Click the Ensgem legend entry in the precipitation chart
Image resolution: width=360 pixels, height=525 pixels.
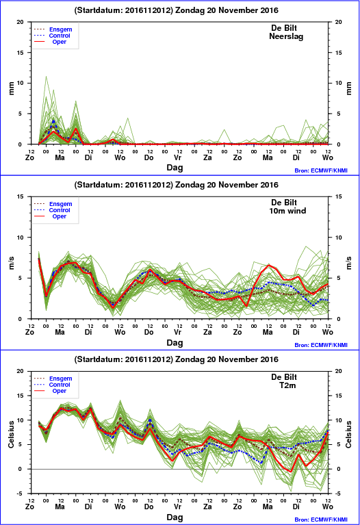(x=61, y=29)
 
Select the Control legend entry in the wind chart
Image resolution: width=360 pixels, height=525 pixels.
(x=60, y=210)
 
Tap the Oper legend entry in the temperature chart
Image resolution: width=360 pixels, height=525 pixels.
(x=60, y=391)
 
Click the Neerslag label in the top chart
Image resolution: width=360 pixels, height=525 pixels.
(x=286, y=36)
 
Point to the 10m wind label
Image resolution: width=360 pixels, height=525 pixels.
(x=287, y=211)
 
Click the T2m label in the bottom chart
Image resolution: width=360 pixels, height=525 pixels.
(x=287, y=385)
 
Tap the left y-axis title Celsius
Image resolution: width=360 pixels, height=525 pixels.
(x=11, y=434)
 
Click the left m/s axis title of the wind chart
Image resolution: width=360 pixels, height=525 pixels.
(x=11, y=263)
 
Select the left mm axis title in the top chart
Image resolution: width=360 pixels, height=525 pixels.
(x=11, y=88)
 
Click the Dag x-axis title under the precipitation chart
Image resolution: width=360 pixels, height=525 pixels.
(x=175, y=168)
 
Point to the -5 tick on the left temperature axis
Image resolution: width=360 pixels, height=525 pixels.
(x=20, y=494)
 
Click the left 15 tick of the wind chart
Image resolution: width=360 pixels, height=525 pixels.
(x=21, y=196)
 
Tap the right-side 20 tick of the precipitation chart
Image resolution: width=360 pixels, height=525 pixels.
(x=338, y=22)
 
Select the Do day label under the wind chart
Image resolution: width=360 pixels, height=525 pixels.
(x=149, y=332)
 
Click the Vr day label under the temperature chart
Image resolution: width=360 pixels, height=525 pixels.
(x=177, y=507)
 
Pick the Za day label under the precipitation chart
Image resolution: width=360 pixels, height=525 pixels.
(x=207, y=157)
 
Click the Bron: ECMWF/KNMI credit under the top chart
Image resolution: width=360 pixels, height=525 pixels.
(x=321, y=170)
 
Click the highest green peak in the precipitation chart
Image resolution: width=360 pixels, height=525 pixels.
(x=47, y=77)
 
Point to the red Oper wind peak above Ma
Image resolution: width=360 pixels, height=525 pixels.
(x=269, y=265)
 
